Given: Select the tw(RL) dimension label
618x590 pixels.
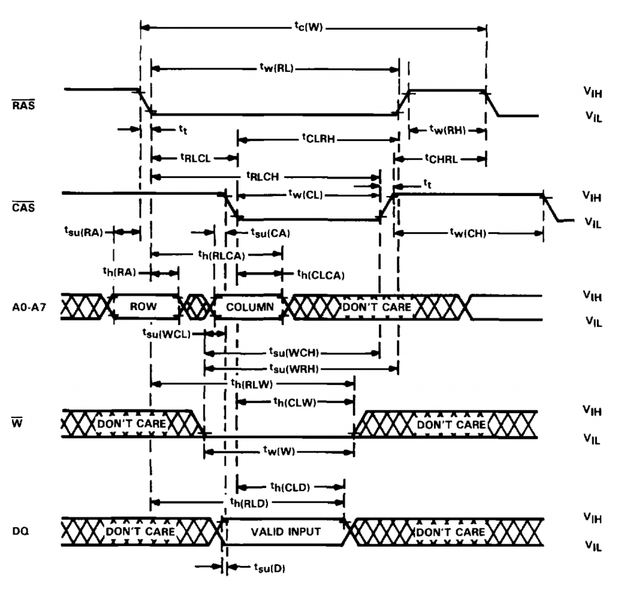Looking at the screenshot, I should coord(275,68).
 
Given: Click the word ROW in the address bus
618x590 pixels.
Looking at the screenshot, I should coord(144,306).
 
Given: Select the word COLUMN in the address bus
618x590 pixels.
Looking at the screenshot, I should coord(249,306).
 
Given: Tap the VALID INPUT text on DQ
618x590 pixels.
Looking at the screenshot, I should coord(284,532).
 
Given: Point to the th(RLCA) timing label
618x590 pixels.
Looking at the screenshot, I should coord(221,255).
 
